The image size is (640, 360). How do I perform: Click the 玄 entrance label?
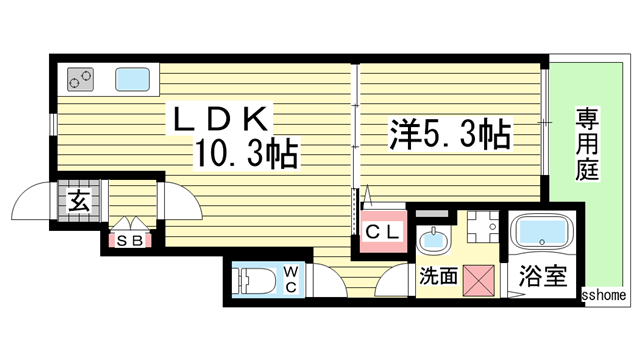tap(79, 200)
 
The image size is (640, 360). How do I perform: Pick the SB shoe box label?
tap(129, 240)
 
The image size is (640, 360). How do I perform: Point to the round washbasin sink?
tap(432, 239)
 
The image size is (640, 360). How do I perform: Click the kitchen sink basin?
tap(133, 77)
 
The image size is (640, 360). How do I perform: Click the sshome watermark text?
tap(605, 296)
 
